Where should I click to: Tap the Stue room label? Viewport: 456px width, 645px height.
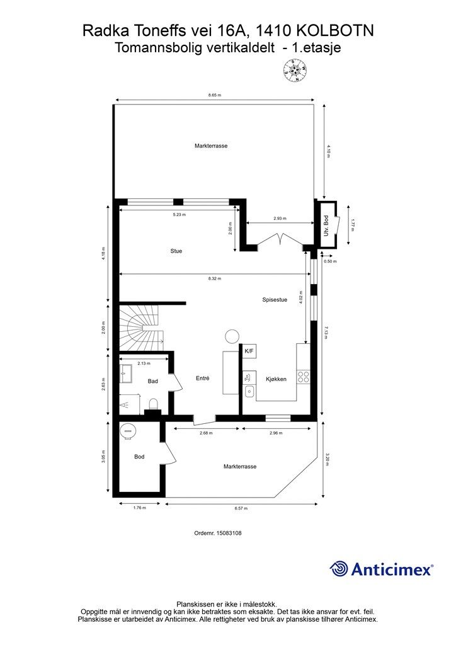coord(176,251)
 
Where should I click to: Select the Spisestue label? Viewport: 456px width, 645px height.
coord(275,300)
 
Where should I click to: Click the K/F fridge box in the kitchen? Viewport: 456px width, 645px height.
coord(249,351)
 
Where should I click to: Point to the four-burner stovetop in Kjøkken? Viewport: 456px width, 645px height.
coord(304,377)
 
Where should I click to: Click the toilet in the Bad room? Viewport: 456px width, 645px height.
coord(154,404)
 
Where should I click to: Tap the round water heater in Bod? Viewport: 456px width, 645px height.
coord(127,431)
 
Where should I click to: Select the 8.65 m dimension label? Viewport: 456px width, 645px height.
coord(215,95)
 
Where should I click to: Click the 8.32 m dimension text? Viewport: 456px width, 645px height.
coord(214,278)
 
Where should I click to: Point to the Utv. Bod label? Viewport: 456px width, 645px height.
coord(326,226)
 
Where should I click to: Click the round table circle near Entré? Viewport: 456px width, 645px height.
coord(232,336)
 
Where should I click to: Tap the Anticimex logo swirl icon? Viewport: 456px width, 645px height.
coord(339,569)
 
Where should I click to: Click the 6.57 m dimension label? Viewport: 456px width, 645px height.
coord(241,508)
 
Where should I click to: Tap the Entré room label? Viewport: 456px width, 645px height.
coord(203,378)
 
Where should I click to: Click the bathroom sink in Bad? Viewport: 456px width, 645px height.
coord(125,374)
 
